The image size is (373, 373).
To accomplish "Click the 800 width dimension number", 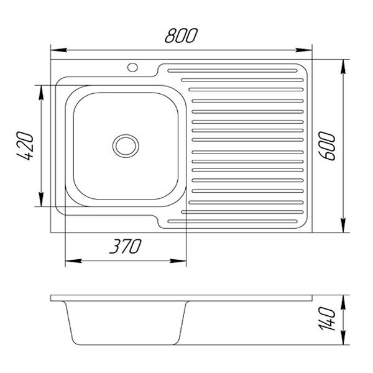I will click(182, 36).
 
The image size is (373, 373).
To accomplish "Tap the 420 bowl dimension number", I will click(27, 147).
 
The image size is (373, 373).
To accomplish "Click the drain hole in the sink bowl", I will click(126, 145).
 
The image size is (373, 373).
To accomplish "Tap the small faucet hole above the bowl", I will click(133, 67).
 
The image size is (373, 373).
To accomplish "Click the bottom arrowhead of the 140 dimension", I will click(344, 341).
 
